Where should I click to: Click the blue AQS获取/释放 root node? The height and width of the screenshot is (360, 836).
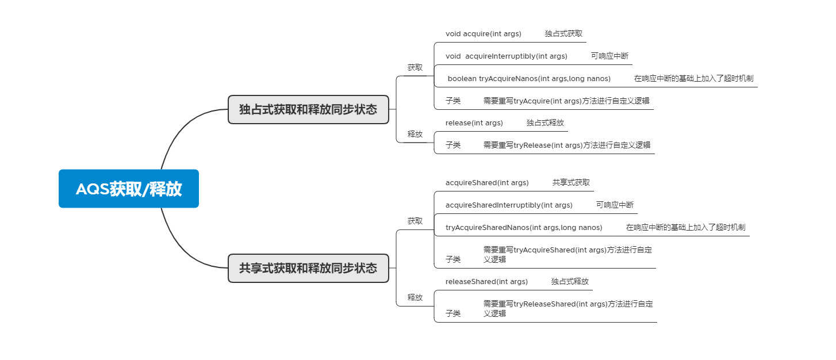[x=128, y=189]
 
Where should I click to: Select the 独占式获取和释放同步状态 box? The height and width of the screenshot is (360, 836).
[x=308, y=109]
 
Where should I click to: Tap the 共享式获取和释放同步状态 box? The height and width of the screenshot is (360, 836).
[x=308, y=268]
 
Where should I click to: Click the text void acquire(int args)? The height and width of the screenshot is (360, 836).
[x=483, y=34]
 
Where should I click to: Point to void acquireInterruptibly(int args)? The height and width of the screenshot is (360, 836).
[x=506, y=56]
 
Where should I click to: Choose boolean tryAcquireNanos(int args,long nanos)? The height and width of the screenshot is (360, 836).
[x=529, y=79]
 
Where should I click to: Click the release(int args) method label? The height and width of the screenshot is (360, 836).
[x=474, y=123]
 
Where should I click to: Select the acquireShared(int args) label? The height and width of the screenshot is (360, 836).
[x=487, y=183]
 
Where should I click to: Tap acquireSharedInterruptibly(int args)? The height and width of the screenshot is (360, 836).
[x=509, y=205]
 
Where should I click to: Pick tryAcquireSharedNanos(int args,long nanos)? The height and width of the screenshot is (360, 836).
[x=524, y=228]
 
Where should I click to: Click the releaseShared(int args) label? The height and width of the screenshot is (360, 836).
[x=486, y=282]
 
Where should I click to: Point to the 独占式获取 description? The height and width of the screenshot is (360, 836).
[x=563, y=34]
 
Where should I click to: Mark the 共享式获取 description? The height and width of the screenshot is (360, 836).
[x=571, y=183]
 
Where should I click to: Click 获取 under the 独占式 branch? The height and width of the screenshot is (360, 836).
[x=415, y=67]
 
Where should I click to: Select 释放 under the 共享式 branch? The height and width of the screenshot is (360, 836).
[x=415, y=297]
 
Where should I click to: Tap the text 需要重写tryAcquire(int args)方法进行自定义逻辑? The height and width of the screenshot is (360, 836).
[x=566, y=101]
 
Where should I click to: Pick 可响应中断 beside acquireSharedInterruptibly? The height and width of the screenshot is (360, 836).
[x=615, y=205]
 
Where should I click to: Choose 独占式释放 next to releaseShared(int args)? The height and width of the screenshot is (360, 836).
[x=570, y=282]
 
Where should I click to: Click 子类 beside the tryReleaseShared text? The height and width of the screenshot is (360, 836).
[x=453, y=314]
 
